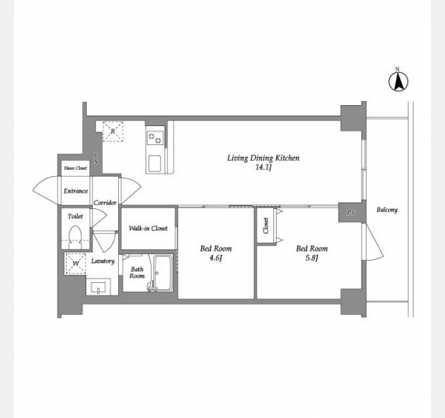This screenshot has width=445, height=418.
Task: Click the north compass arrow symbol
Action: click(x=398, y=82)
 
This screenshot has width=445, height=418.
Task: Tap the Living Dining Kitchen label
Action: click(x=263, y=158)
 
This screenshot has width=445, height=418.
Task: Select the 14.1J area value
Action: click(x=264, y=167)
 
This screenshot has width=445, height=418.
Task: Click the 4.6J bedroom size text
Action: click(x=216, y=258)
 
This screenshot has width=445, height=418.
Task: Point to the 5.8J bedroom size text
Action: click(x=311, y=258)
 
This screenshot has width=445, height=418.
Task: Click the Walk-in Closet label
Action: click(x=148, y=228)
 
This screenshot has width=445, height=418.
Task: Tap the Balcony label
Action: click(x=387, y=210)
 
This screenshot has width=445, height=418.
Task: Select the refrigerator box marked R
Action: click(x=113, y=131)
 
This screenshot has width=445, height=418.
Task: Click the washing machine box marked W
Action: click(x=76, y=263)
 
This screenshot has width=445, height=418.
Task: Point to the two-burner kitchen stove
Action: click(x=155, y=138)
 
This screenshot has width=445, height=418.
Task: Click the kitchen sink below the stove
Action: click(x=155, y=164)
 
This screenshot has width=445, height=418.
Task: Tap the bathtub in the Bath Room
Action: click(x=163, y=273)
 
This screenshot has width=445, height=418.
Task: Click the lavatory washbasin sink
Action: click(x=99, y=287)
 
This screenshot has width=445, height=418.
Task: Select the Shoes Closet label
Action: click(x=75, y=168)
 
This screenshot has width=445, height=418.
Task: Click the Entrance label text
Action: click(x=76, y=191)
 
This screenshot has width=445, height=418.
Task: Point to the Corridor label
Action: click(x=105, y=203)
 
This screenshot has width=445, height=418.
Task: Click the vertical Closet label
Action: click(x=266, y=226)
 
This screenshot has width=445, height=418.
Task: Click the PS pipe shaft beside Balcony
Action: click(x=350, y=212)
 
